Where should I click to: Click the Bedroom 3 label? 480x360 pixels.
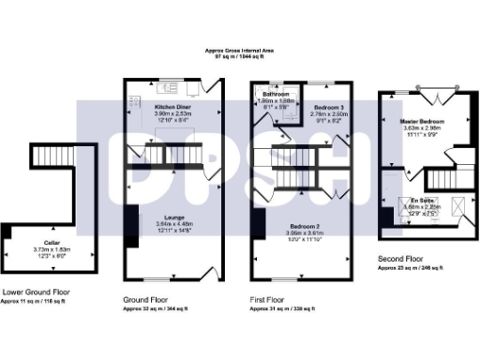click(x=330, y=107)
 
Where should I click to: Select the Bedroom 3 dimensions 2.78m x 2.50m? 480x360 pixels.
click(x=330, y=113)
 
